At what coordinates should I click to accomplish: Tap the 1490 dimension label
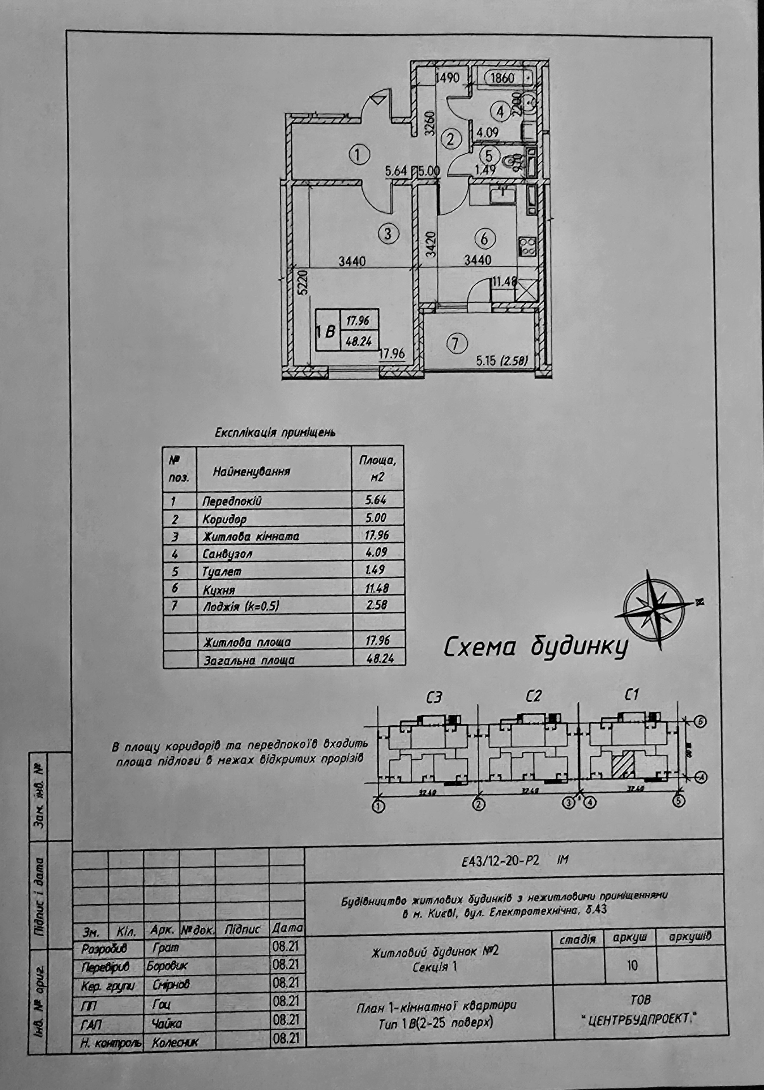[x=447, y=78]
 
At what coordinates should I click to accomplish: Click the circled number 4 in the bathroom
[x=500, y=112]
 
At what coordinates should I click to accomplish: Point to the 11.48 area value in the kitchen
[x=504, y=282]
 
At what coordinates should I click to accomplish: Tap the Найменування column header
[x=251, y=471]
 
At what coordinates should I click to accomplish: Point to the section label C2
[x=534, y=697]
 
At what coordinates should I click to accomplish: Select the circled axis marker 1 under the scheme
[x=379, y=805]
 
